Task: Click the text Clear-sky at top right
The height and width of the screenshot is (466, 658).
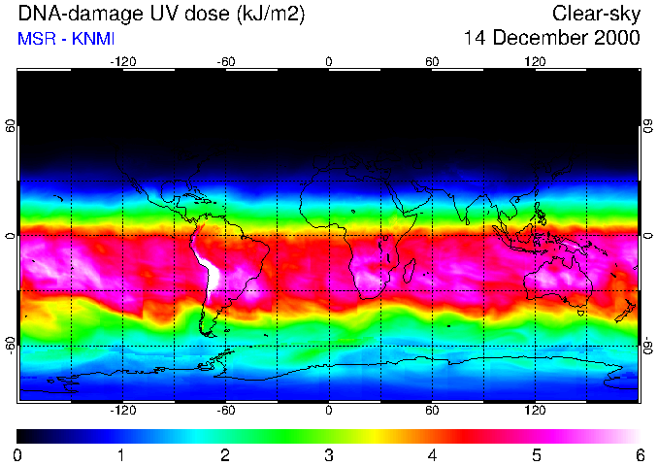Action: coord(596,14)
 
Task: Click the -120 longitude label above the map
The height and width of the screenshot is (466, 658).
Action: coord(122,61)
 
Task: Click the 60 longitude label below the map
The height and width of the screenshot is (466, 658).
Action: coord(432,410)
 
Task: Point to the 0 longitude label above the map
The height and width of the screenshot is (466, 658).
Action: coord(329,61)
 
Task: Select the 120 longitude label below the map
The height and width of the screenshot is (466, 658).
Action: coord(535,410)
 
